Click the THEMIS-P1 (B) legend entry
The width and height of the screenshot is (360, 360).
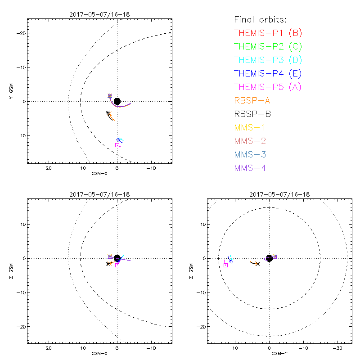point(268,33)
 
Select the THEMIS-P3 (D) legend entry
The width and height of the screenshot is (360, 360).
point(268,60)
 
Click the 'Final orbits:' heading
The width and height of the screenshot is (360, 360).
point(260,19)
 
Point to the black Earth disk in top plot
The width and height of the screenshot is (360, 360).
point(117,101)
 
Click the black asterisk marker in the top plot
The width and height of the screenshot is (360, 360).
point(108,113)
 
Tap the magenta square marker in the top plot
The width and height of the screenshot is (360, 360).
point(117,145)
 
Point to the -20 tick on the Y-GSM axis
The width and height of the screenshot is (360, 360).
point(20,33)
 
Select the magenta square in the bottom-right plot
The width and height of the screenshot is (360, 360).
point(225,265)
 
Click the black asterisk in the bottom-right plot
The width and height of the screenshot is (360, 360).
point(258,264)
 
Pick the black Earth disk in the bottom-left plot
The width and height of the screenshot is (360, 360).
point(117,258)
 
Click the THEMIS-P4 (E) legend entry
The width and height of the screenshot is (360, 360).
point(268,73)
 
